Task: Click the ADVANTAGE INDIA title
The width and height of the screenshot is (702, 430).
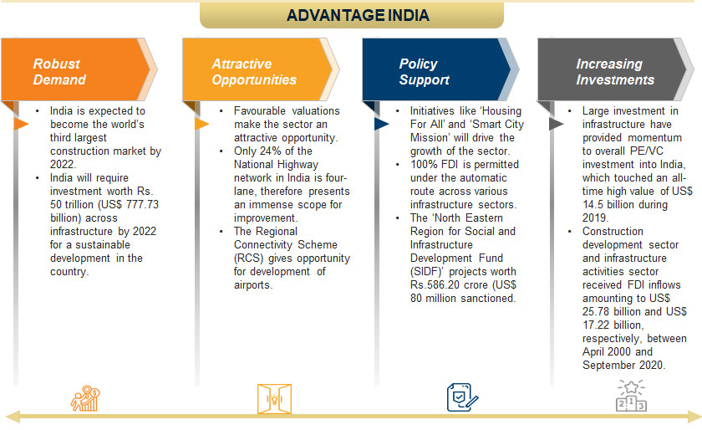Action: click(358, 15)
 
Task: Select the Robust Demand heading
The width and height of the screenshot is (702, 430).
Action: click(59, 72)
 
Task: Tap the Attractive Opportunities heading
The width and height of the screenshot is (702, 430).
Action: click(254, 72)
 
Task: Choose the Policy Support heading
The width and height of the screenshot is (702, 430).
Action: click(424, 72)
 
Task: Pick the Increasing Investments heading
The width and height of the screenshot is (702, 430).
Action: click(615, 72)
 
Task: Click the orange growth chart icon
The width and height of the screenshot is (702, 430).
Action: click(85, 398)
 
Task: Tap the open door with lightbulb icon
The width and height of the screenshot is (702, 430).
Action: click(274, 398)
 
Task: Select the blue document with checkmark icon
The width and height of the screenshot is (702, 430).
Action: click(462, 397)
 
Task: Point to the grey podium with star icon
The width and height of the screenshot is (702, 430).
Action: click(631, 396)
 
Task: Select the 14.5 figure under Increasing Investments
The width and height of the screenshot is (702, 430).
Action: click(593, 204)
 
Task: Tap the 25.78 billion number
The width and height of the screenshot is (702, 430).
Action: click(612, 312)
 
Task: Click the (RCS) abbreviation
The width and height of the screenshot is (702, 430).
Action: click(248, 259)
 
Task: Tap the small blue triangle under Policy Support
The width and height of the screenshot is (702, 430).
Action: click(381, 124)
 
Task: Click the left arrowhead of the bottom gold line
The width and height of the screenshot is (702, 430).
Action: click(13, 416)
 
